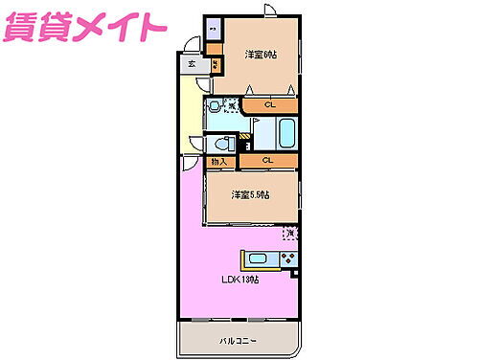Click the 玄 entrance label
point(192,64)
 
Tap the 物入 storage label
point(217,162)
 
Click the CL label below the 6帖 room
point(269,104)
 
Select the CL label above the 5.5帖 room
point(267,161)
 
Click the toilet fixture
point(223,145)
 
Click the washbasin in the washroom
point(216,109)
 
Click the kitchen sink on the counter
point(258,258)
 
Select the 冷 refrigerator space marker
point(290,233)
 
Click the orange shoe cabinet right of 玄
point(217,65)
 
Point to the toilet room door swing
point(198,145)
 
